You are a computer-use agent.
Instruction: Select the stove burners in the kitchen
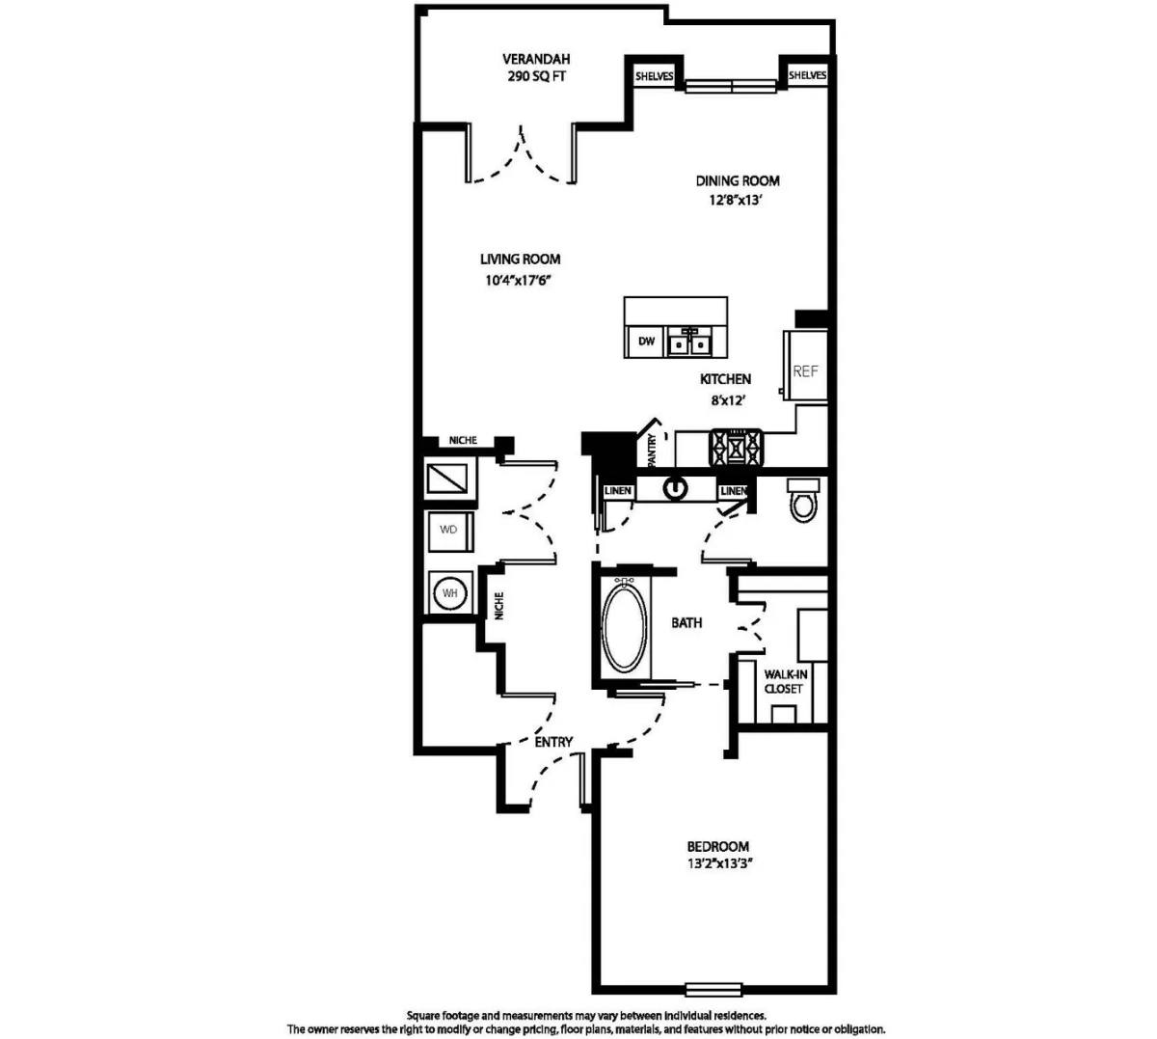(736, 447)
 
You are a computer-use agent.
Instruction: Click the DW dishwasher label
(646, 342)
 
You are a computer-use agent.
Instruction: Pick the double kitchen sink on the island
(689, 342)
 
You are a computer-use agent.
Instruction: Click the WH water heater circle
(450, 592)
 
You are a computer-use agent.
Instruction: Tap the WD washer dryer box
(450, 531)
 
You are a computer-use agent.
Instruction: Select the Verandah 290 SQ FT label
(536, 68)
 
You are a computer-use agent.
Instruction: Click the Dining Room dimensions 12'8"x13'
(737, 201)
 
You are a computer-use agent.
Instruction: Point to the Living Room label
(520, 259)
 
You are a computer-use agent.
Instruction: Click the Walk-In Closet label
(785, 682)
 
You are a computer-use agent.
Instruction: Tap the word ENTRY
(553, 743)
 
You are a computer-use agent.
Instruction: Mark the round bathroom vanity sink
(676, 487)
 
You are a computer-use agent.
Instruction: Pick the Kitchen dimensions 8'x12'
(728, 400)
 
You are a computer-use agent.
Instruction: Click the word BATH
(686, 622)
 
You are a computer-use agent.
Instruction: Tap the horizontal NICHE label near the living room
(463, 441)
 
